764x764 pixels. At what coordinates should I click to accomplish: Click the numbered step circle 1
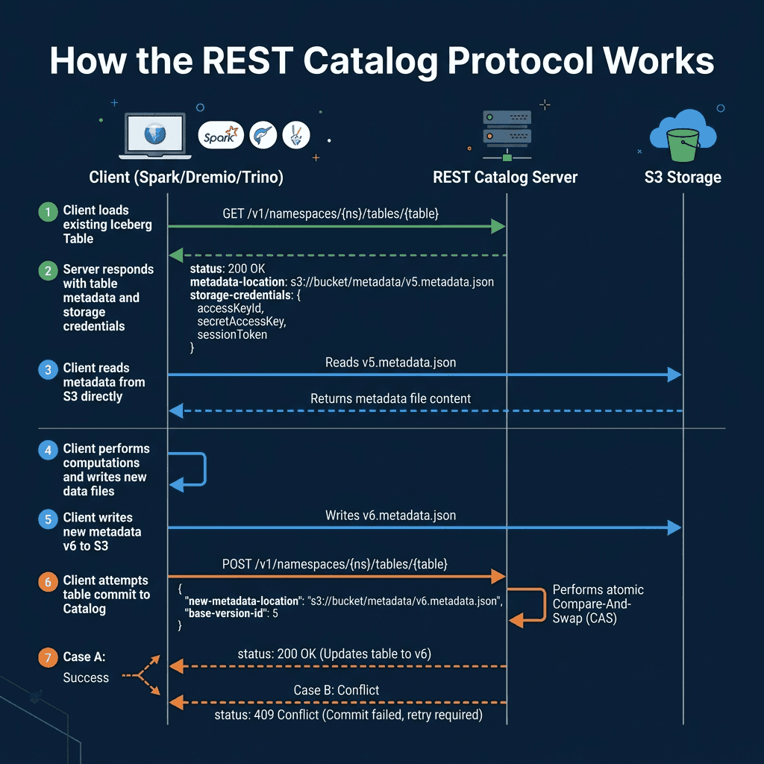[x=48, y=212]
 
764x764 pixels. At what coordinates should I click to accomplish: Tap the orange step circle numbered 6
[x=48, y=582]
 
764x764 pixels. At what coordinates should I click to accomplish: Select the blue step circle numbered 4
[x=48, y=450]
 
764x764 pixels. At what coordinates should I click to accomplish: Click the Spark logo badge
[x=222, y=135]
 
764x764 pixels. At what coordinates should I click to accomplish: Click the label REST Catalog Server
[x=505, y=178]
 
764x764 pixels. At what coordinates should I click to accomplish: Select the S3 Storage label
[x=683, y=178]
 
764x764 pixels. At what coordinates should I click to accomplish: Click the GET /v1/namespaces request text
[x=330, y=213]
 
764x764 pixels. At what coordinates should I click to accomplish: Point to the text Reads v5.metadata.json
[x=390, y=363]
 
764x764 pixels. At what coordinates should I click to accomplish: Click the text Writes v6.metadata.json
[x=390, y=516]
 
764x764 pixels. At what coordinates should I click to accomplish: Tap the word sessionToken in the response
[x=232, y=335]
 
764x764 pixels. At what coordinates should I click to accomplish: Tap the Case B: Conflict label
[x=336, y=690]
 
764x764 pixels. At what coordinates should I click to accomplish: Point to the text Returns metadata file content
[x=390, y=398]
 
